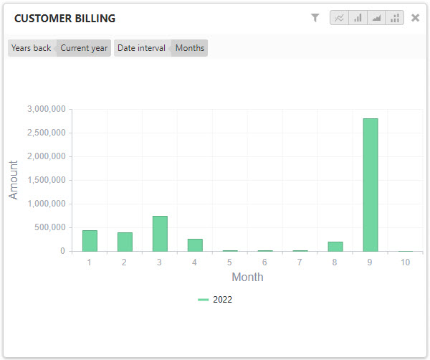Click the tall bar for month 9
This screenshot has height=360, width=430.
coord(370,185)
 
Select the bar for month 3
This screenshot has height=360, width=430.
coord(160,234)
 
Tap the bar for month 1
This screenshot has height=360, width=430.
coord(90,241)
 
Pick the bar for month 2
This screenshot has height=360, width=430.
coord(125,242)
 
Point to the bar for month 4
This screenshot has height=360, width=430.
coord(195,245)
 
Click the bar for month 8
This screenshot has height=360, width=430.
coord(335,247)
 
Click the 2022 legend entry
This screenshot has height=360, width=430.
coord(216,300)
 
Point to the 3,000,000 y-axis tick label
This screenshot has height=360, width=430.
coord(47,109)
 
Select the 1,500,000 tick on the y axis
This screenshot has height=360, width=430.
coord(47,180)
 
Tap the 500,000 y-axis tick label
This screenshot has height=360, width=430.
coord(49,227)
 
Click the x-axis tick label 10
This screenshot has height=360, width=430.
coord(406,262)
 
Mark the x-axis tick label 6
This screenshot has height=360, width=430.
coord(264,262)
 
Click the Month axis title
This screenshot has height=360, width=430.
coord(247,277)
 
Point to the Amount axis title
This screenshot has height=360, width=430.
coord(14,180)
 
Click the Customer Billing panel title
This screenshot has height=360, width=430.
coord(64,19)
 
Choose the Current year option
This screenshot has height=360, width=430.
coord(84,48)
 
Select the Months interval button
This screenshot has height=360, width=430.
coord(190,48)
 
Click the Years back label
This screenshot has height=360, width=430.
coord(32,48)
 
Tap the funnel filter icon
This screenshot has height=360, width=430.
coord(315,18)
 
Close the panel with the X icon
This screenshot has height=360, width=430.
coord(415,18)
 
